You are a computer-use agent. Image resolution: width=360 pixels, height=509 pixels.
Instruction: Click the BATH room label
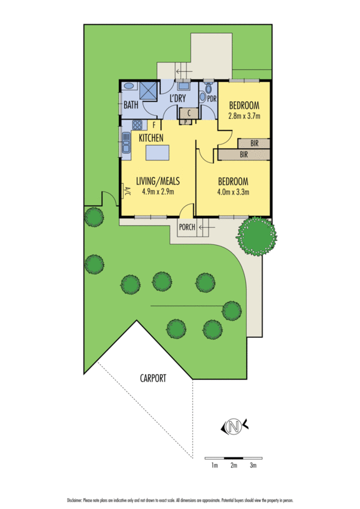pos(131,106)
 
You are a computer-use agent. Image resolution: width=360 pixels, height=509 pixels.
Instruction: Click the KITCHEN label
pos(151,137)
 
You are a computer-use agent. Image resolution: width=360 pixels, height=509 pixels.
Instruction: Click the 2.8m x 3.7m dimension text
pos(244,116)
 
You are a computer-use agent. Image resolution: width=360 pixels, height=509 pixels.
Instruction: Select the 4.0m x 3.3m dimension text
pos(232,192)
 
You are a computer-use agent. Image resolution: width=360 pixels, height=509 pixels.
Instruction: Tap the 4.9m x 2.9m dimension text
pos(155,192)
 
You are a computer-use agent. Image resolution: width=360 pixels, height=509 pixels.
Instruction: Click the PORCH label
pos(186,228)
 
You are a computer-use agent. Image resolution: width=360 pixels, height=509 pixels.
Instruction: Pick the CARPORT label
pos(153,378)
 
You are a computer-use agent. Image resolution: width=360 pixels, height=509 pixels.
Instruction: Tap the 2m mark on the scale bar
pos(233,466)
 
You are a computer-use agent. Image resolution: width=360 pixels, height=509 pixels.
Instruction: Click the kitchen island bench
pos(158,153)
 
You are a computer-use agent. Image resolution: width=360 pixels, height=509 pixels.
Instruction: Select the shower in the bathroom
pos(149,90)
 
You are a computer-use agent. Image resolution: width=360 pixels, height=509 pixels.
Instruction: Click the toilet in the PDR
pos(204,96)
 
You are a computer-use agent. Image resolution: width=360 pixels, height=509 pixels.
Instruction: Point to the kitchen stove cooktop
pos(139,125)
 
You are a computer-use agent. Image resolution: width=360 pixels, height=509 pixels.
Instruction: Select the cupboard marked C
pos(190,113)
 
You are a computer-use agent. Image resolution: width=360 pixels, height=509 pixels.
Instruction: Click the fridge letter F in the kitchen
pos(154,125)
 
